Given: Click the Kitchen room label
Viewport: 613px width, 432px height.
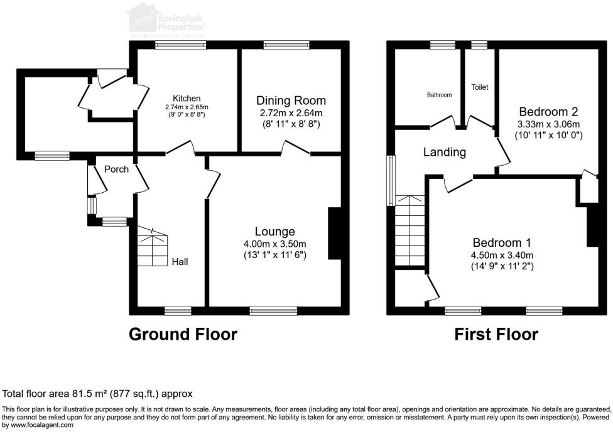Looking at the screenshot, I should [187, 99].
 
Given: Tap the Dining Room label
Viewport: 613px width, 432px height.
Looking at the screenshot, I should [291, 100].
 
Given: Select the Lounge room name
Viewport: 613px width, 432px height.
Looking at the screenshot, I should [274, 232].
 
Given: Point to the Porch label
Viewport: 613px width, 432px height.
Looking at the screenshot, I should [116, 170].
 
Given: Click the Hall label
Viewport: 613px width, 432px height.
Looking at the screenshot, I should [180, 262].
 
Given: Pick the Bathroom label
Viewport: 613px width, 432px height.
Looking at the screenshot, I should [439, 95].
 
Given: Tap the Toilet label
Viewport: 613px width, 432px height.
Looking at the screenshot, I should [480, 87].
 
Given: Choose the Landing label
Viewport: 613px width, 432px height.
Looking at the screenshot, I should [444, 152].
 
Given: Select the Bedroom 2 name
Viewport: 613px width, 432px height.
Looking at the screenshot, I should [548, 112].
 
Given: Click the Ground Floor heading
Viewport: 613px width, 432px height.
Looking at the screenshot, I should [183, 334].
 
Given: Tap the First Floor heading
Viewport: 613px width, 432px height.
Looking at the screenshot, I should [496, 334].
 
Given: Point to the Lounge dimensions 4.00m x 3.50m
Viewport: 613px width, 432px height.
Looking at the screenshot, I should [274, 244].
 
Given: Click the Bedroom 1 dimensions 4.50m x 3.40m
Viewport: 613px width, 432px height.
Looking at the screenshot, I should [502, 255].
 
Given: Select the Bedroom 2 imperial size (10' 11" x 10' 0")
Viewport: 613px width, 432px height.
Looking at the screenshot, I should [549, 135].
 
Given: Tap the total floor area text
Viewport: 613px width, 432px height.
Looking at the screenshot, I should [98, 394].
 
